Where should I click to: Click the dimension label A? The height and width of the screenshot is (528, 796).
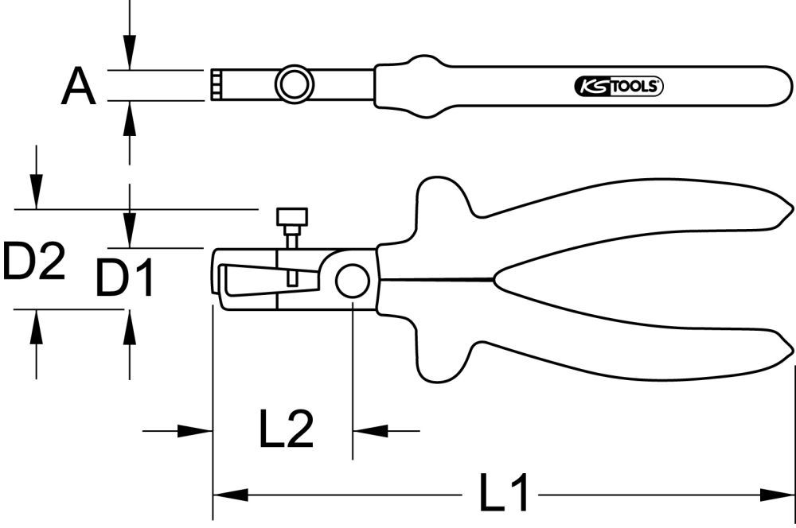(x=78, y=87)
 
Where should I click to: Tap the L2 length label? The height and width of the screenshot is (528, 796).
(x=286, y=430)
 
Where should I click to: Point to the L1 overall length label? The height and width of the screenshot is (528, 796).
(x=504, y=493)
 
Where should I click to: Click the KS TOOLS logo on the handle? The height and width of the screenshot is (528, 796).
(x=618, y=87)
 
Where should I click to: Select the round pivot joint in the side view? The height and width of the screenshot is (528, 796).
(x=352, y=280)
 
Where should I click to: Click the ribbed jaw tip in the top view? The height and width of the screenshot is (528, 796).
(x=217, y=84)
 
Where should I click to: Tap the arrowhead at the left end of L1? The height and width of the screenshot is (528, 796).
(x=226, y=494)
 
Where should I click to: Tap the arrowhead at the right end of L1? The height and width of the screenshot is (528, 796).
(x=780, y=494)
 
